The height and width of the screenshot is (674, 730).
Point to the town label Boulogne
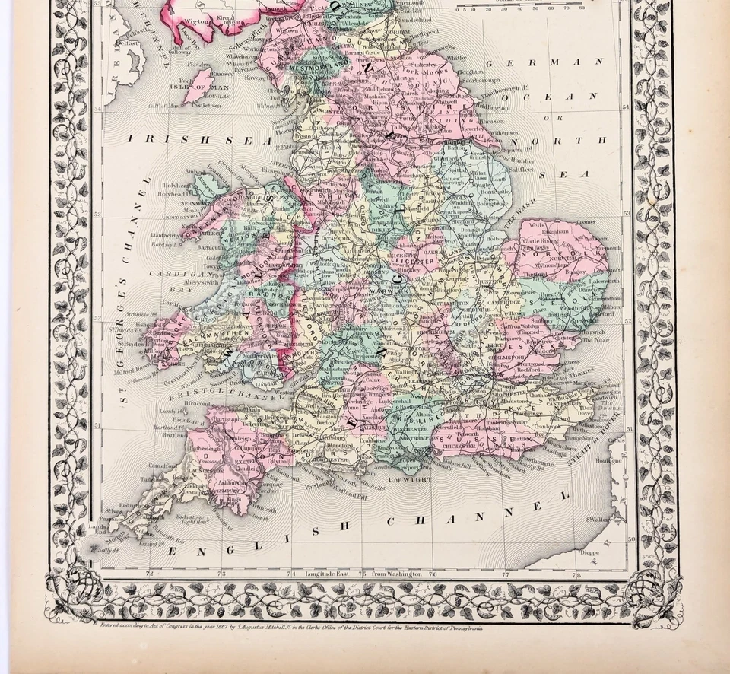pos(608,459)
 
